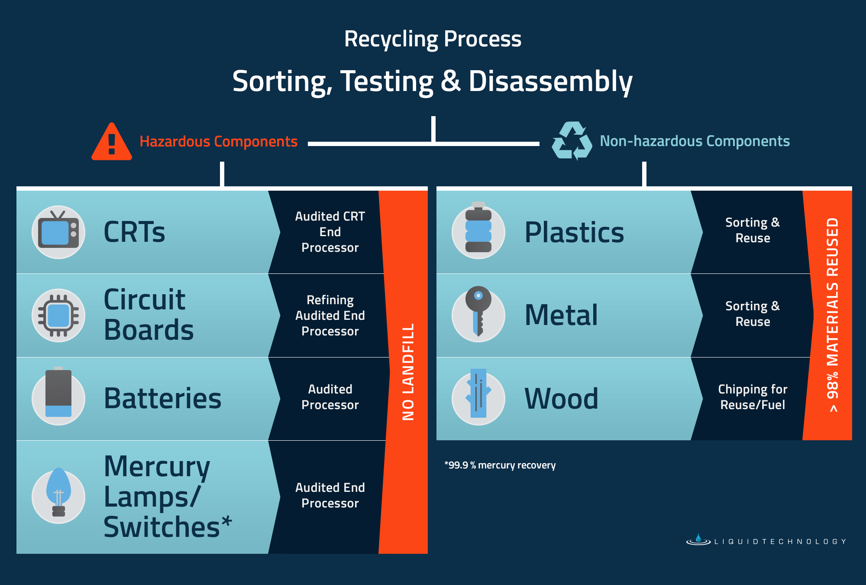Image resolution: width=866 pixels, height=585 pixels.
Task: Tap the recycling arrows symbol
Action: point(572,141)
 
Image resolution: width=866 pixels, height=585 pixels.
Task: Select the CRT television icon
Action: point(58,232)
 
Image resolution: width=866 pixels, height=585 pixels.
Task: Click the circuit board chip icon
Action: point(58,315)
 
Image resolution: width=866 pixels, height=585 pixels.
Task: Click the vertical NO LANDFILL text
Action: point(408,372)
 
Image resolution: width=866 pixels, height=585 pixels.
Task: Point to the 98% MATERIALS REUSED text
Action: point(832,315)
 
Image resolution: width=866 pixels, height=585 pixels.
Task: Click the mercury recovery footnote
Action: point(500,465)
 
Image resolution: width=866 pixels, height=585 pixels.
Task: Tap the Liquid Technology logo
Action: point(766,541)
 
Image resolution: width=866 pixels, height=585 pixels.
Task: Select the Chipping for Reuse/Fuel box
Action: point(753,397)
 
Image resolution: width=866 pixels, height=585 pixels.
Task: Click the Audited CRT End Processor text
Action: point(330,232)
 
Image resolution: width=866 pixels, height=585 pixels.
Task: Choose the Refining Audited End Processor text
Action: point(330,315)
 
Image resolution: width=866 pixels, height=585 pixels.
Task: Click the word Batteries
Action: point(162,399)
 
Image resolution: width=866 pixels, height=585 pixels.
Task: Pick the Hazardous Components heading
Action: point(218,142)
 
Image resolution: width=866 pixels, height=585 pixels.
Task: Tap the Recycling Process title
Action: point(433,39)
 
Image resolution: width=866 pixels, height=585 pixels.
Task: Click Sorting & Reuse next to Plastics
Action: point(753,230)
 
